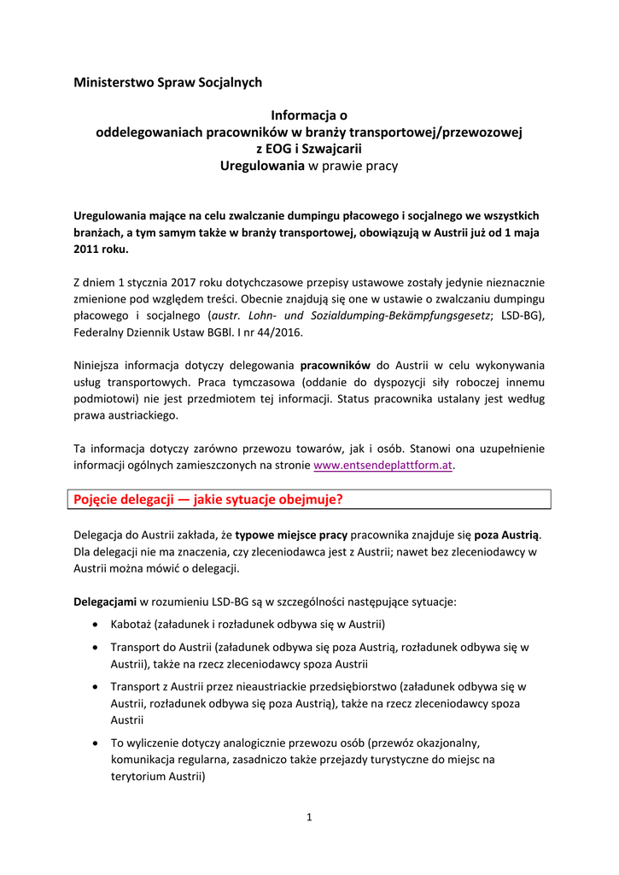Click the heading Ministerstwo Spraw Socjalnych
167,83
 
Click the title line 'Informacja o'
309,115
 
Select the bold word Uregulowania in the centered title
262,166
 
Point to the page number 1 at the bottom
309,818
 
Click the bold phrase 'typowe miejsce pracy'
291,535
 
